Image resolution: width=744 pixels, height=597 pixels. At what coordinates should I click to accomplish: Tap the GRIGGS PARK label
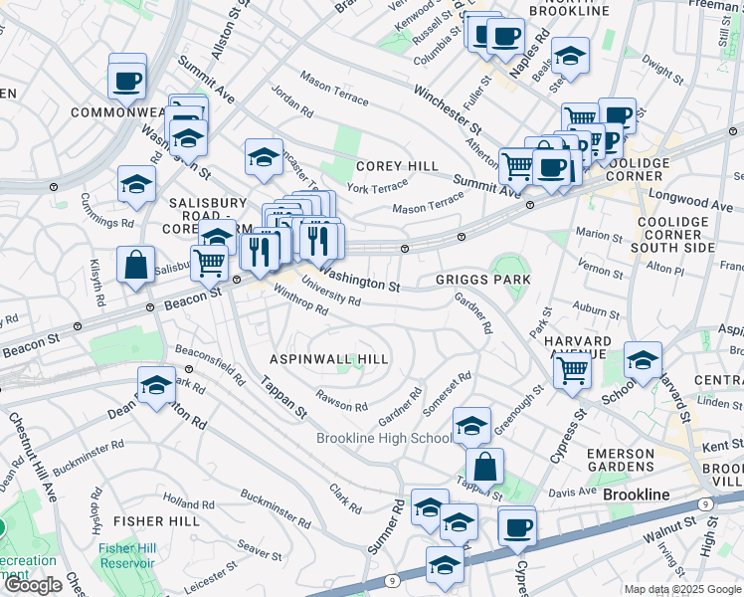coord(482,281)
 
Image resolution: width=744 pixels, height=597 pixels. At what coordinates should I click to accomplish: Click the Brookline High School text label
coord(384,438)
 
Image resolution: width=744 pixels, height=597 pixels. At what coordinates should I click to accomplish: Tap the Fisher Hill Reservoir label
coord(125,554)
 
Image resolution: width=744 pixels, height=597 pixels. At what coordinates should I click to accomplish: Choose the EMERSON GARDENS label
coord(634,461)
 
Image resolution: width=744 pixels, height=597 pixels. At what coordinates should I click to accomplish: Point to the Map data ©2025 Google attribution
coord(682,589)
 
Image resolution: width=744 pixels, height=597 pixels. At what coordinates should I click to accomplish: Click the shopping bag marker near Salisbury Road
coord(135,266)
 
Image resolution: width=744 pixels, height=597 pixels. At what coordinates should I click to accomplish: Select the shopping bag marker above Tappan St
coord(484,467)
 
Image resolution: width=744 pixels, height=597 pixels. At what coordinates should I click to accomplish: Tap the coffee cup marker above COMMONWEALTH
coord(128,79)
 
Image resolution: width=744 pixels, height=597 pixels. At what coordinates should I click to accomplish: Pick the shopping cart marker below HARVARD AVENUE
coord(572,369)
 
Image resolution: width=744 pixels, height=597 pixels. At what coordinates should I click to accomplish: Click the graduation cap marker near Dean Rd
coord(156,387)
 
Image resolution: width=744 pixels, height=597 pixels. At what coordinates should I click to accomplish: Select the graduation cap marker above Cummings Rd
coord(137,183)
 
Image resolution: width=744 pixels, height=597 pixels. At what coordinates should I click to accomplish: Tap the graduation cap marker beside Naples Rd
coord(571,55)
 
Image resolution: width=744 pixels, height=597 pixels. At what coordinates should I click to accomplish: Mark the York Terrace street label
coord(377,187)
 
